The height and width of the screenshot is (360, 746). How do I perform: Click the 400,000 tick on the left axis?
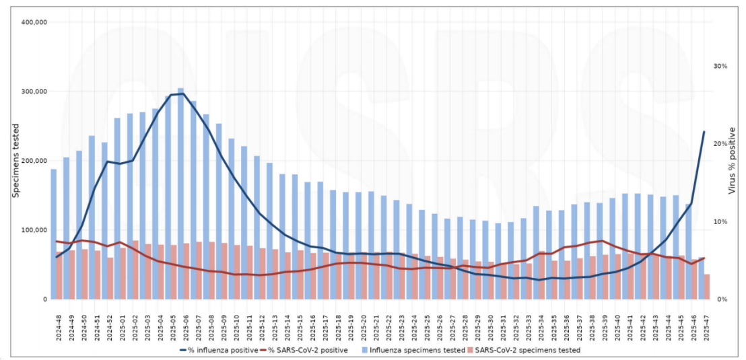(x=34, y=22)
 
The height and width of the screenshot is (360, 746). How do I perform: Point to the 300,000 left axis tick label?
(x=34, y=92)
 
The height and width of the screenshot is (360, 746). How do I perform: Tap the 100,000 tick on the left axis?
(x=34, y=230)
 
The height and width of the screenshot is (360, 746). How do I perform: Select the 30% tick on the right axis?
(x=721, y=66)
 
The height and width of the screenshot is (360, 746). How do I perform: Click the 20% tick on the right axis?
(x=721, y=144)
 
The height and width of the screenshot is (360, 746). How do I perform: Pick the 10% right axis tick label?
(x=721, y=222)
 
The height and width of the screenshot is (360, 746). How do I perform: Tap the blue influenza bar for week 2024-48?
(x=54, y=236)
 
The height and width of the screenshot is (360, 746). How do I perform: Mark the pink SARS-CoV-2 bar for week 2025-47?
(x=707, y=287)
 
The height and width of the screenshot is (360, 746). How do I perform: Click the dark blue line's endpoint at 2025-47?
(x=704, y=132)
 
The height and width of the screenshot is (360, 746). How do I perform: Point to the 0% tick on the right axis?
(x=721, y=299)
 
